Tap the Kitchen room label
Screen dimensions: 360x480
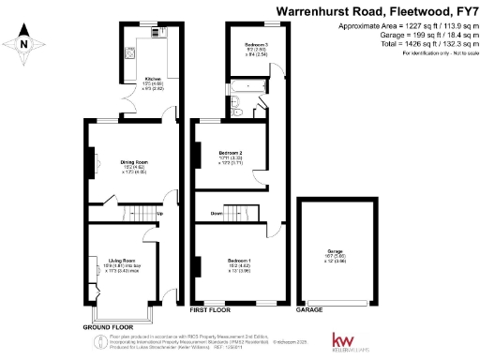[154, 79]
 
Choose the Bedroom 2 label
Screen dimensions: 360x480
[231, 152]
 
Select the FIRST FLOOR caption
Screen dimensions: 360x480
[210, 308]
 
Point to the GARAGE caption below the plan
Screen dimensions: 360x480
[309, 308]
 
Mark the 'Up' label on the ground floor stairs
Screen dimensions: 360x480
[159, 214]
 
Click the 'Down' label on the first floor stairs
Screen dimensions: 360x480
[216, 214]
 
